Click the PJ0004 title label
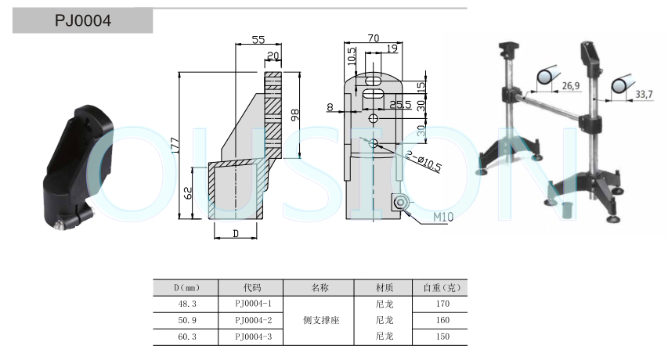pyautogui.click(x=83, y=20)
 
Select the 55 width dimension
pyautogui.click(x=258, y=39)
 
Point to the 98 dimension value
pyautogui.click(x=294, y=115)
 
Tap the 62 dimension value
pyautogui.click(x=188, y=193)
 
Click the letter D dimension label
pyautogui.click(x=236, y=234)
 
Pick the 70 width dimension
pyautogui.click(x=374, y=38)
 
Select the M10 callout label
pyautogui.click(x=443, y=217)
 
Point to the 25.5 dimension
pyautogui.click(x=400, y=105)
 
